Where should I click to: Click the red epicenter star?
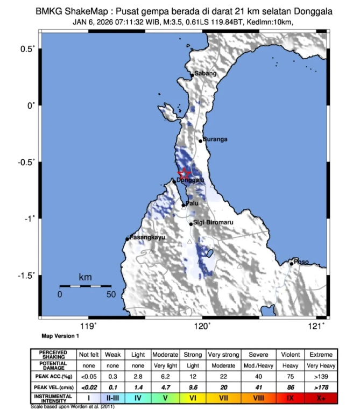(184, 174)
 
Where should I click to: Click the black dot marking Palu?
(183, 205)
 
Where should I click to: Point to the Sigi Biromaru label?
(213, 222)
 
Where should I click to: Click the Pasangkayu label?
(147, 237)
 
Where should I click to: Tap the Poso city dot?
(291, 264)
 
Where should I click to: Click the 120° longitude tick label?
(202, 325)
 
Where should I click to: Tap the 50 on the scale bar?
(111, 294)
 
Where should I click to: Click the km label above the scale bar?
(85, 277)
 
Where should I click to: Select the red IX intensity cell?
(290, 398)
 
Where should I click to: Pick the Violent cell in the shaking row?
(290, 355)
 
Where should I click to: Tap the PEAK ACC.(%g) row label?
(54, 376)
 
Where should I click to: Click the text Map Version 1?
(60, 335)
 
